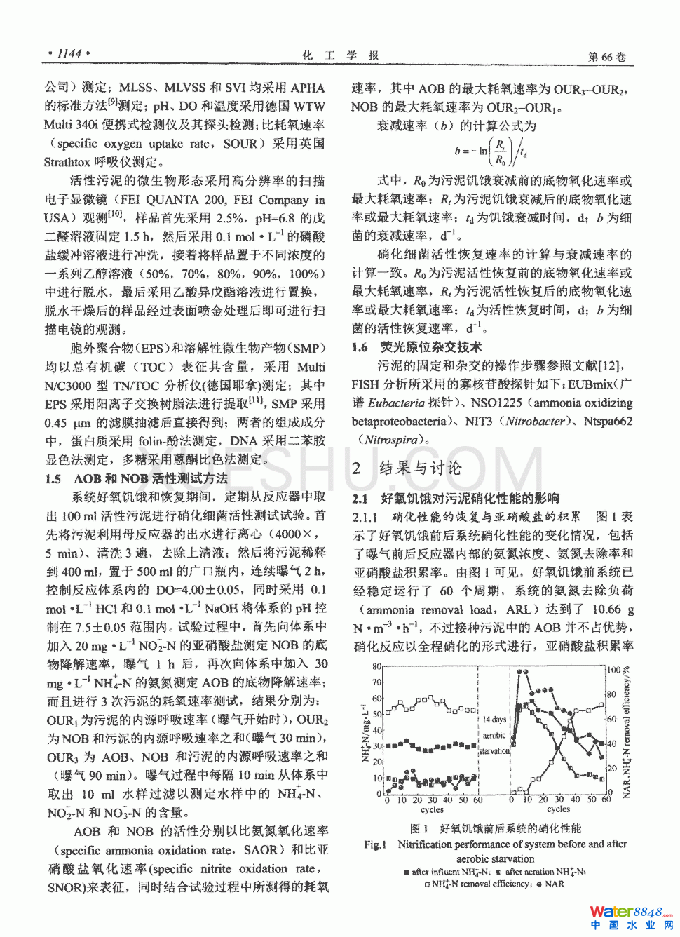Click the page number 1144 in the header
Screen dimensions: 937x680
click(69, 53)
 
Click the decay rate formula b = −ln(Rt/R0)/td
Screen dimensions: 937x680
click(491, 151)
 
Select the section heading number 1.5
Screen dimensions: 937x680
click(53, 478)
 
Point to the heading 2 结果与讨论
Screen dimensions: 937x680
click(407, 468)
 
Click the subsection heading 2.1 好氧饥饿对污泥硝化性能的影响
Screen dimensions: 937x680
click(455, 498)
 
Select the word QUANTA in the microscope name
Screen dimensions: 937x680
click(167, 199)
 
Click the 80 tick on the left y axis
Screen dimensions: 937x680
click(376, 666)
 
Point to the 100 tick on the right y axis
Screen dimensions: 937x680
click(615, 670)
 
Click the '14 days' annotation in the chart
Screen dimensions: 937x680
click(494, 720)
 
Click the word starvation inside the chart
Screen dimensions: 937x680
click(494, 751)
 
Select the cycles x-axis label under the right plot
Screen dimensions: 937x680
click(558, 809)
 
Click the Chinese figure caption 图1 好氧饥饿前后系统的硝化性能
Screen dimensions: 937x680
click(495, 828)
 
